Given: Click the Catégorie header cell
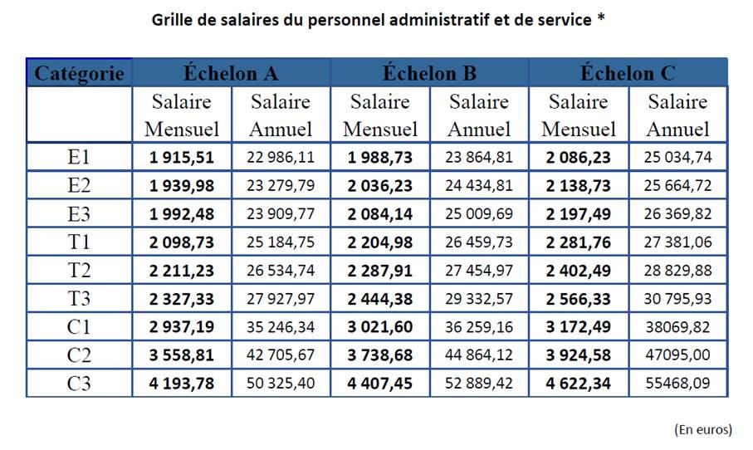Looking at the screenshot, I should pos(80,73).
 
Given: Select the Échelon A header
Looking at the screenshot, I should pos(231,73).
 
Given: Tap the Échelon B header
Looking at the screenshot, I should pos(429,73).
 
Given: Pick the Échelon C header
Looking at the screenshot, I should pos(628,73).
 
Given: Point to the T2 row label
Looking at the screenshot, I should pos(80,271).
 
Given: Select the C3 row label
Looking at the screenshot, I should pos(80,384).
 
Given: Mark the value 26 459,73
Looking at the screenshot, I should pos(479,242).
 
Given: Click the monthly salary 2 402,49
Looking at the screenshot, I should pos(578,271).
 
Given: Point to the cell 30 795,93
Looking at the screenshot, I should pos(677,299).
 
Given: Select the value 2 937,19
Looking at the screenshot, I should pos(182,327).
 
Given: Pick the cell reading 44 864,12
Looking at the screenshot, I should pos(479,355).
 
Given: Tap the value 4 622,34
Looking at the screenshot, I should pos(578,384).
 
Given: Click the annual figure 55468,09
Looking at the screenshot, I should pos(677,384).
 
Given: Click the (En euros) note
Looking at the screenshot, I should pos(702,429).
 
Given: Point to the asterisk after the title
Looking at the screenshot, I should pos(600,17).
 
